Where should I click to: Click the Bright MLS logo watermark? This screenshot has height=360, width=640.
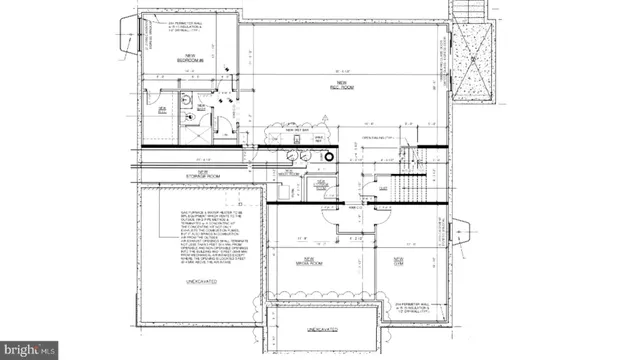(x=30, y=351)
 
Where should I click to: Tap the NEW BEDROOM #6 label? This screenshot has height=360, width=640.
(x=190, y=58)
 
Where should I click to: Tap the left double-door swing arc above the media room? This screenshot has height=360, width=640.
(x=327, y=216)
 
